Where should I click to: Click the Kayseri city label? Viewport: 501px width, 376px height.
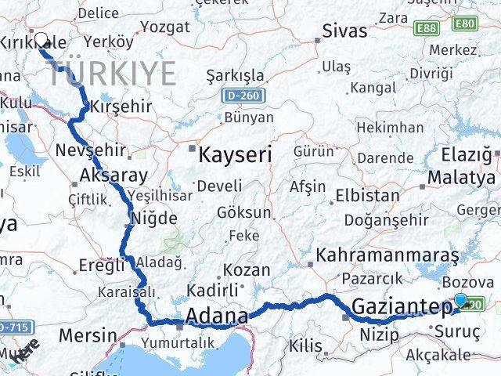click(235, 154)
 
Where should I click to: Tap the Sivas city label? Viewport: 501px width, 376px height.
click(345, 31)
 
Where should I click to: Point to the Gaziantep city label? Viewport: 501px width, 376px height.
click(402, 306)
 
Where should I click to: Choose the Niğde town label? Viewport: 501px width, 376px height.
click(156, 219)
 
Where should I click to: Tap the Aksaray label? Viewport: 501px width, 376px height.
click(114, 175)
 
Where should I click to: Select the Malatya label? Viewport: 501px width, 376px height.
click(462, 178)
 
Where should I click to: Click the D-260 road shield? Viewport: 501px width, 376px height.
click(248, 96)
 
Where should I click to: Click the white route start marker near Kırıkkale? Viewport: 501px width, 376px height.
click(41, 38)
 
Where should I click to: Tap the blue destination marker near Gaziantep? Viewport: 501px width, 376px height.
click(460, 300)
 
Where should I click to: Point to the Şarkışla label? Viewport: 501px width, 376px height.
click(235, 76)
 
